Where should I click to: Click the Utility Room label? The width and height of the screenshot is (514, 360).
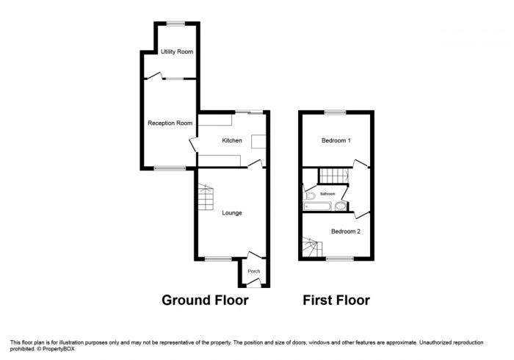click(x=177, y=51)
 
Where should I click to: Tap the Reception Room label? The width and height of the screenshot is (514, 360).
click(x=170, y=123)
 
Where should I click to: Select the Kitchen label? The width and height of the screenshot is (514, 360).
click(x=232, y=140)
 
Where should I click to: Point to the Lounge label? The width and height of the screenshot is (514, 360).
click(x=232, y=213)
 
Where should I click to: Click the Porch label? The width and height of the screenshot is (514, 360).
click(x=253, y=272)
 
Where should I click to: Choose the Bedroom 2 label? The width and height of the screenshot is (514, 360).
click(x=345, y=231)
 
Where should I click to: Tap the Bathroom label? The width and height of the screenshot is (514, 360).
click(x=327, y=194)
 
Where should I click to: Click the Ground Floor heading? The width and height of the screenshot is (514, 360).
click(x=205, y=300)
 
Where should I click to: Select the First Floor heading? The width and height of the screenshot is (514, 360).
click(x=336, y=300)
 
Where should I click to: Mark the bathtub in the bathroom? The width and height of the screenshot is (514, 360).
click(x=319, y=206)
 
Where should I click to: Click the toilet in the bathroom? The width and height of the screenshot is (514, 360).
click(x=310, y=196)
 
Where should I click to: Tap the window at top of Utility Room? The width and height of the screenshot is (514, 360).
click(x=175, y=24)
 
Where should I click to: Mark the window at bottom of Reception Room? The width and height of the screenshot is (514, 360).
click(x=170, y=168)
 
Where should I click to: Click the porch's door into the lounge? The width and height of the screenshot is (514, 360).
click(x=251, y=256)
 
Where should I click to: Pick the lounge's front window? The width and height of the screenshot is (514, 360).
click(x=216, y=258)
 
